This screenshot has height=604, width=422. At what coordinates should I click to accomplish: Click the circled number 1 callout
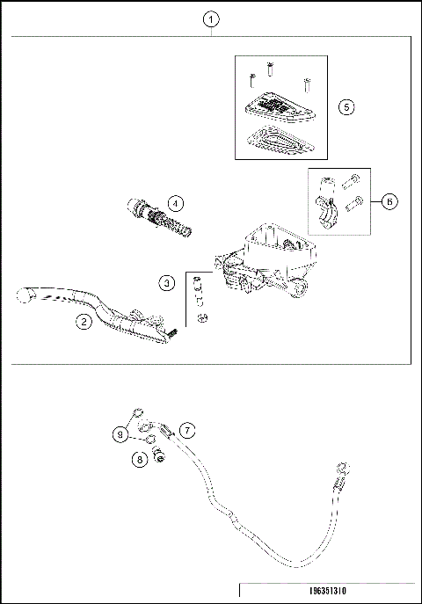coord(211,18)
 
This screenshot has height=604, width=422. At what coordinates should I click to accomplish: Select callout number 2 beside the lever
coord(83,322)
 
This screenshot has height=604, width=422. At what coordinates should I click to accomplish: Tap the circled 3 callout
coord(167,282)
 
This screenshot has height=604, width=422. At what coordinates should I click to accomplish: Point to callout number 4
coord(176,203)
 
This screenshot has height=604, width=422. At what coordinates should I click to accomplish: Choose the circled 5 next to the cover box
coord(346,106)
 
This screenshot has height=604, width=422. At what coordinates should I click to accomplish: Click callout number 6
coord(390,200)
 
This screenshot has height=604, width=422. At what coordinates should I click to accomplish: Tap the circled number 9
coord(120,433)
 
